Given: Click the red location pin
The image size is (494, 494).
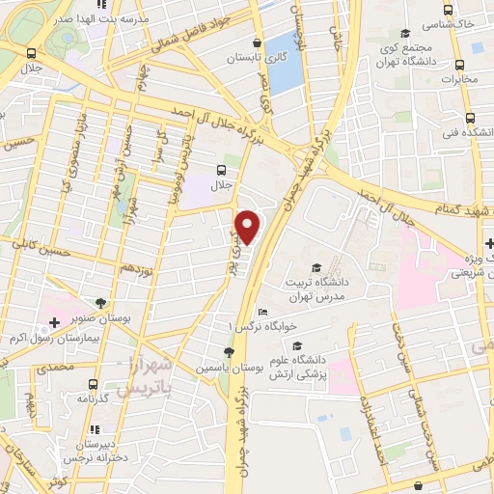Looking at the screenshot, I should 249,226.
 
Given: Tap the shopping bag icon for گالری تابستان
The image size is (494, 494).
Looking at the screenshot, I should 256,42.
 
